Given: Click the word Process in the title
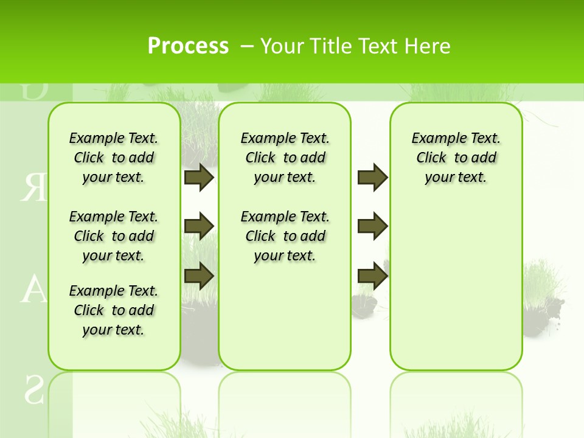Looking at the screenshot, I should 188,46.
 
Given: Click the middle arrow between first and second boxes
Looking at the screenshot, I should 199,226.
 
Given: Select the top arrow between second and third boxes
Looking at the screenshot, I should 372,177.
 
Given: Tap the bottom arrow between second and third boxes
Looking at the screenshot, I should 372,276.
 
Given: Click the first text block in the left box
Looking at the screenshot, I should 114,158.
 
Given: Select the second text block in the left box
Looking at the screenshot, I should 114,236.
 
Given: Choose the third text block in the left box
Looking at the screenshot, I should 114,310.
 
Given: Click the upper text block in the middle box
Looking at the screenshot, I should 285,158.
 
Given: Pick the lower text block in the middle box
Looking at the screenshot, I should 285,236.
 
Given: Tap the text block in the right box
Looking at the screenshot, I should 456,158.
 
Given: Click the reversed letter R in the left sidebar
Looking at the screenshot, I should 33,188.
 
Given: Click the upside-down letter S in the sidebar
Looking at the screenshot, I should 33,390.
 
